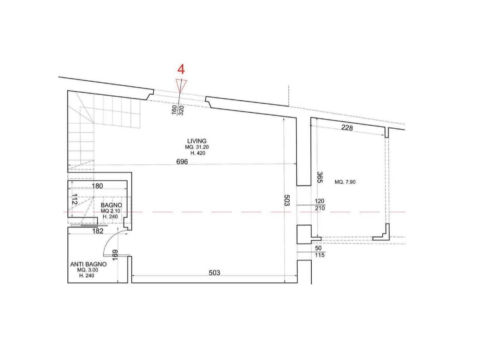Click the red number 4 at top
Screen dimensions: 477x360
181,69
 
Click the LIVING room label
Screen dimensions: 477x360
197,141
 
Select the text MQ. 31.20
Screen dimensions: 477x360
197,147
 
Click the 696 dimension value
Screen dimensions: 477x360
182,162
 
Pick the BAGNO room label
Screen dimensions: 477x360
111,205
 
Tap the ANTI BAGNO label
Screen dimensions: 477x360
88,264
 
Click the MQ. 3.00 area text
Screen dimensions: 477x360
88,270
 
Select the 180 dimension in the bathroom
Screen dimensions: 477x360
97,186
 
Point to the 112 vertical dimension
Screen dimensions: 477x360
74,199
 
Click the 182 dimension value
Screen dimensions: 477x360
98,231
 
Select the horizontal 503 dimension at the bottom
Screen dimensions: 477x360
214,273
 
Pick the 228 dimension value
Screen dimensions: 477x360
347,128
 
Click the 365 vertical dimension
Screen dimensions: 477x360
320,177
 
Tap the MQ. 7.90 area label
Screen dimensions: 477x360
345,182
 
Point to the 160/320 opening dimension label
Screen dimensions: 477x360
178,110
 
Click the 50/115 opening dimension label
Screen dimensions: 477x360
319,252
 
